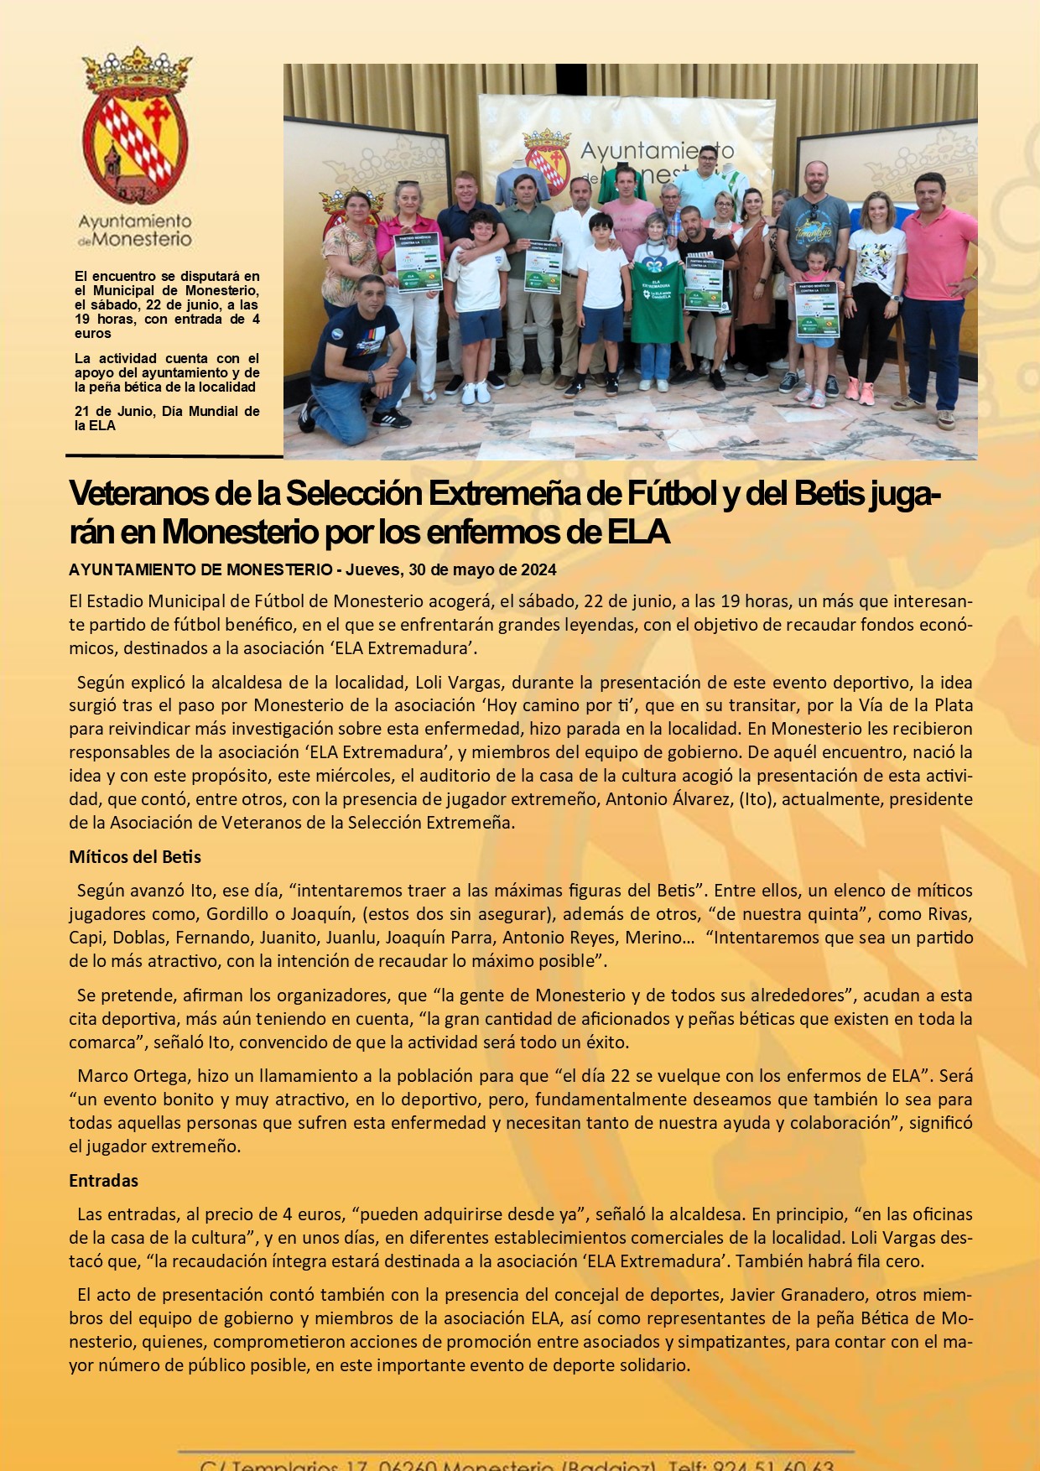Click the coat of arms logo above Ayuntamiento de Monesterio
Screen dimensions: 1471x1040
coord(135,126)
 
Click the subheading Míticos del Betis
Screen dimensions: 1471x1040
coord(135,857)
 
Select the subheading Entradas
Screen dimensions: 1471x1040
coord(103,1180)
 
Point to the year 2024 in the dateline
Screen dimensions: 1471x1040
coord(538,570)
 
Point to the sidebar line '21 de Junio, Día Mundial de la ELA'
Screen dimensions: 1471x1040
coord(166,418)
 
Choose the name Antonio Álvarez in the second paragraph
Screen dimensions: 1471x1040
coord(669,799)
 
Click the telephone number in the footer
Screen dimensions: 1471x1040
coord(772,1463)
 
